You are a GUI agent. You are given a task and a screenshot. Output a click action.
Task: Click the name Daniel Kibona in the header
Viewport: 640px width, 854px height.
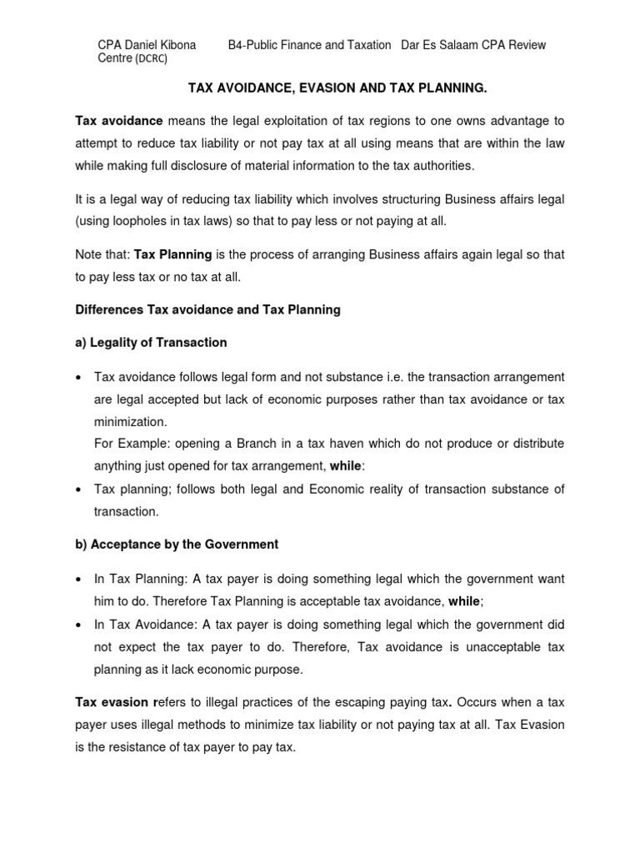click(x=160, y=45)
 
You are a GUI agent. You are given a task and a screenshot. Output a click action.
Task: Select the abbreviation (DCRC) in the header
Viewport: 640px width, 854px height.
click(x=154, y=60)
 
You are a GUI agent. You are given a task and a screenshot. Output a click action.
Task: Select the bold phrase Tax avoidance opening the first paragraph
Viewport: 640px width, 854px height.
click(x=119, y=122)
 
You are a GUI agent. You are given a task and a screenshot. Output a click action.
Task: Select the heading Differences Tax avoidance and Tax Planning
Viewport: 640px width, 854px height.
click(x=207, y=309)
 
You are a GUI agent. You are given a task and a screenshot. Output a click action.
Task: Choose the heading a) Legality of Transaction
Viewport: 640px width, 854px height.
click(x=151, y=342)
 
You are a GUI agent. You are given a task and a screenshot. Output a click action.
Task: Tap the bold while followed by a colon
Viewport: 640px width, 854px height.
click(x=346, y=465)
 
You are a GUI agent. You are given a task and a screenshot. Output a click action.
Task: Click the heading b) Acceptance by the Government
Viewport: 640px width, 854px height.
click(x=177, y=544)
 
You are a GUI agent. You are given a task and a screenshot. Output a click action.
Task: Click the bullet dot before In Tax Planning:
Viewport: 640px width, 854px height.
click(x=78, y=579)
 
